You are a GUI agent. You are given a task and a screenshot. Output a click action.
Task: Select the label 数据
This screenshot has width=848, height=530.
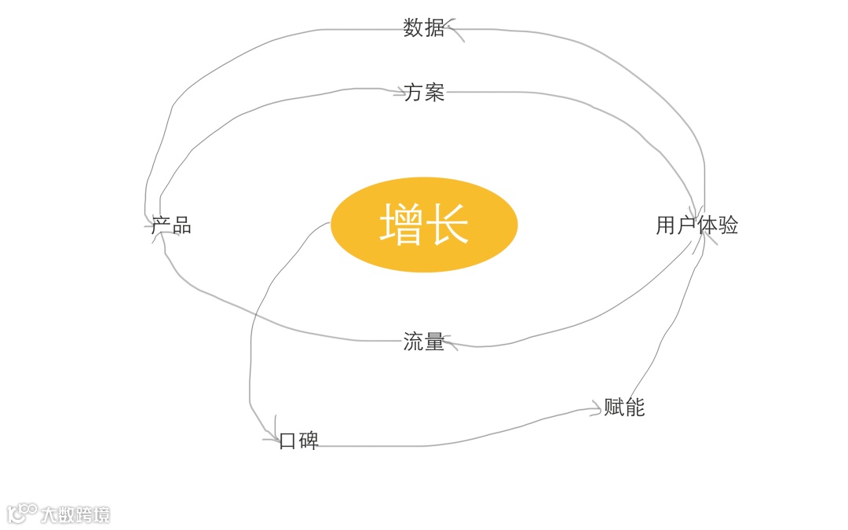tap(424, 28)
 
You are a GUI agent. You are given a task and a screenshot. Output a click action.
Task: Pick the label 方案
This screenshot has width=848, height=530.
tap(424, 93)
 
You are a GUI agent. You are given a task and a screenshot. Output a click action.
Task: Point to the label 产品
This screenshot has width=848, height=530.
tap(171, 226)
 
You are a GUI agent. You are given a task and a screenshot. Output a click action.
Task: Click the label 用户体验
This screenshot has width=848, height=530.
tap(696, 225)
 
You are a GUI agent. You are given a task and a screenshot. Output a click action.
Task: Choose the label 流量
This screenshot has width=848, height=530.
tap(424, 342)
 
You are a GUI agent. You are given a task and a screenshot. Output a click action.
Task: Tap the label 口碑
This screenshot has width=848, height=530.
tap(299, 440)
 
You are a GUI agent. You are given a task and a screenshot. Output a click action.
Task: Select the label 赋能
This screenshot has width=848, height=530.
tap(624, 407)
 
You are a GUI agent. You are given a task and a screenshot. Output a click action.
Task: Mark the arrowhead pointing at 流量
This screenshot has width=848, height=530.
tap(448, 342)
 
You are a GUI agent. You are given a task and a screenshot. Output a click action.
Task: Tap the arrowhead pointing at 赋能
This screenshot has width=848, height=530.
tap(597, 409)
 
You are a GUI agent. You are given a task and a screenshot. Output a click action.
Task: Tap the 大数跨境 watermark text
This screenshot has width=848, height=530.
tap(75, 515)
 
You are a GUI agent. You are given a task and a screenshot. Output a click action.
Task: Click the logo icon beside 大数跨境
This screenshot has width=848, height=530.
tap(22, 514)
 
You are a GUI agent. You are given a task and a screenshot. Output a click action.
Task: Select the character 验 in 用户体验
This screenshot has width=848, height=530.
tap(728, 225)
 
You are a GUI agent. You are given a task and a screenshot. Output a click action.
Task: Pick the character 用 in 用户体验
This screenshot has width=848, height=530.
tap(666, 225)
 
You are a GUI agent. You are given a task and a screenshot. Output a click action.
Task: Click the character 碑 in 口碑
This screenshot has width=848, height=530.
tap(309, 440)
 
